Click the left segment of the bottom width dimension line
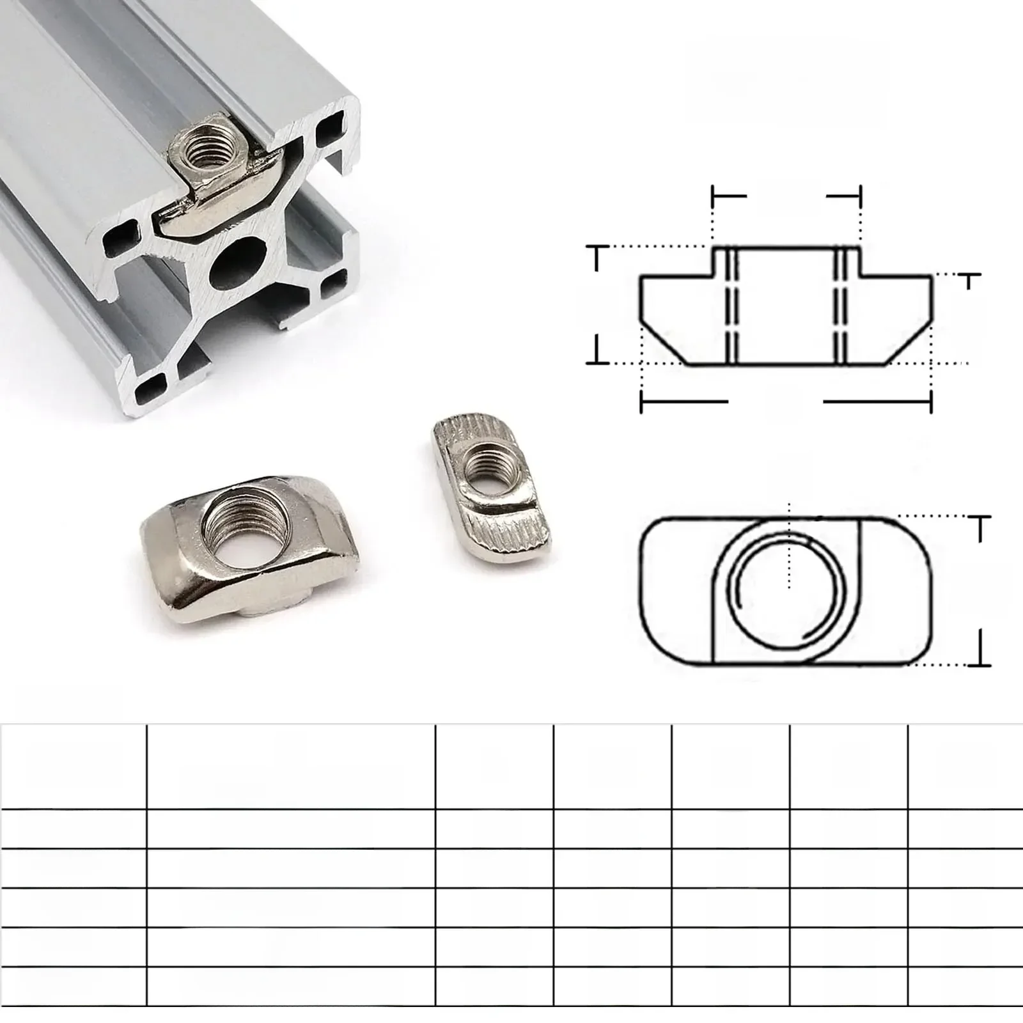[683, 402]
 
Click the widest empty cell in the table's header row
[291, 767]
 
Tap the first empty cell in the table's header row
[74, 767]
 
